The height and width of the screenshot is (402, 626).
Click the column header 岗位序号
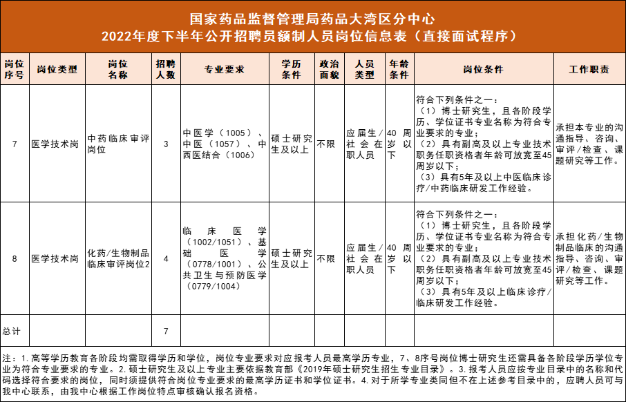15,70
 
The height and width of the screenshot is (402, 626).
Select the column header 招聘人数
166,70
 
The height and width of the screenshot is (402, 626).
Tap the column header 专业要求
225,70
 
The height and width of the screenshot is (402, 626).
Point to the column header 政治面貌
330,70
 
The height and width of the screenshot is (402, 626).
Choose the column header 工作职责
589,70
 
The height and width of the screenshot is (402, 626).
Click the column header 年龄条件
399,70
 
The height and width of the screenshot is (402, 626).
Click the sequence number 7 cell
15,144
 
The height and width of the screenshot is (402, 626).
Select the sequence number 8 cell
15,259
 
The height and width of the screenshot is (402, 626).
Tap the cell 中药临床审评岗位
118,144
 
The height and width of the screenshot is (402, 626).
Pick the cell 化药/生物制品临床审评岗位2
118,259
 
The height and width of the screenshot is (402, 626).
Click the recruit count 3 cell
166,144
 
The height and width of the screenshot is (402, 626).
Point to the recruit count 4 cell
166,259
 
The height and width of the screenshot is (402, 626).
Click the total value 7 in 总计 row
166,331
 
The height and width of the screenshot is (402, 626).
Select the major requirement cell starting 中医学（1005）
225,144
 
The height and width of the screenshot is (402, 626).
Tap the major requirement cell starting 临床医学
225,259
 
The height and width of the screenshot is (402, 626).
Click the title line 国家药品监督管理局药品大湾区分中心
313,17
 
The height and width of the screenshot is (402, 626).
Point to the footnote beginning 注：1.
313,375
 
